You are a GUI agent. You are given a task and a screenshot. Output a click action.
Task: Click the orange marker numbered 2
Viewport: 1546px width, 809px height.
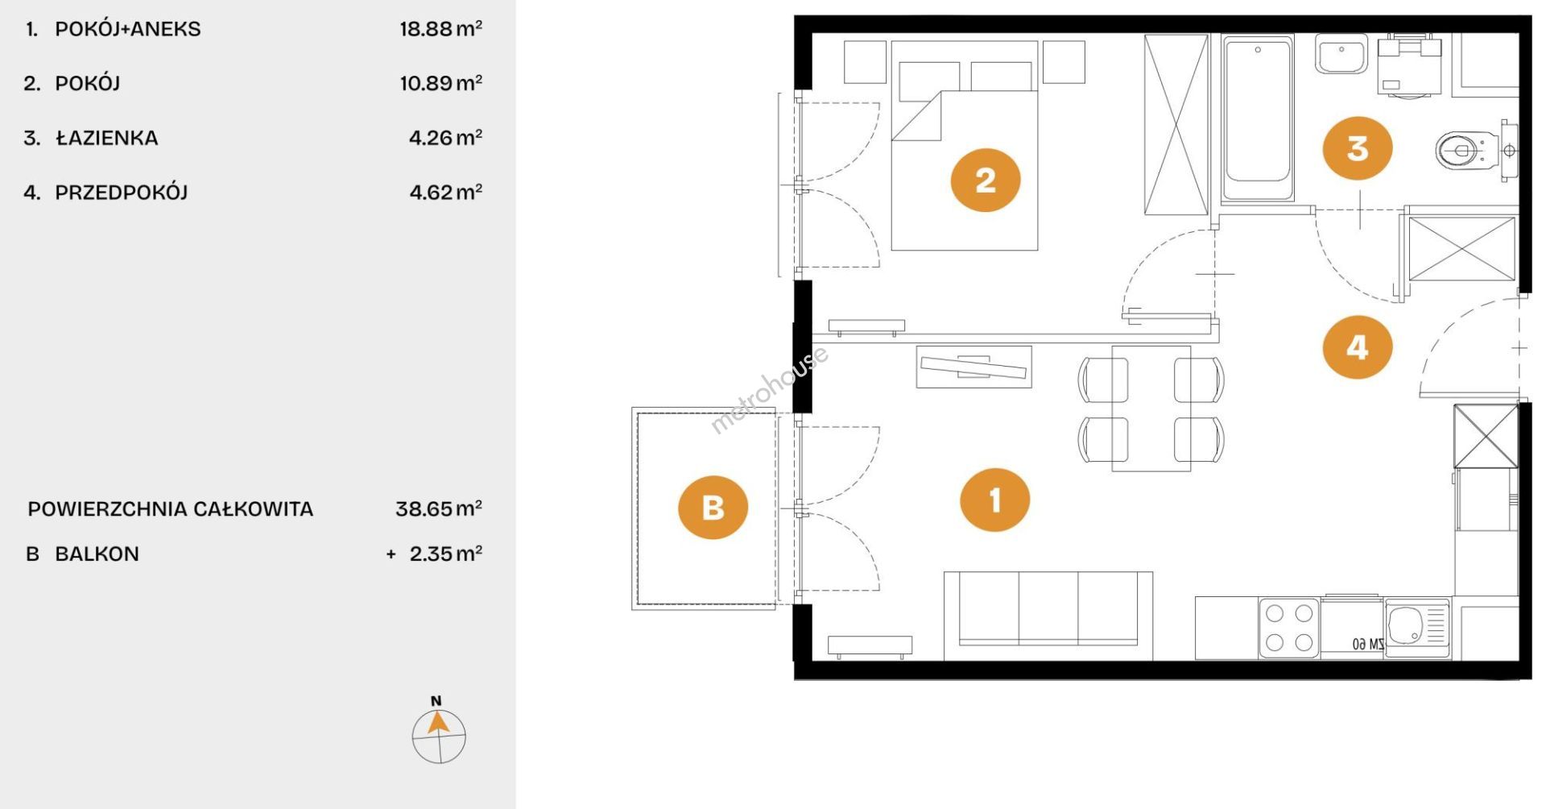(986, 180)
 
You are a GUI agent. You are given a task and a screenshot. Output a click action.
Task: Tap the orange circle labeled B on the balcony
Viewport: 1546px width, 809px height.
(713, 508)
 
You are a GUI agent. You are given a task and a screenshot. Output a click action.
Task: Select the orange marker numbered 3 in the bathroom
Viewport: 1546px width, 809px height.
(1358, 148)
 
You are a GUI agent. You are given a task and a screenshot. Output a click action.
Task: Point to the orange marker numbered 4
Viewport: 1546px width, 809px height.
(1358, 347)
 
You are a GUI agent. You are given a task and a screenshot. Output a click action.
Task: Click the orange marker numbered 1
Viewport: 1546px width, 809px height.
(995, 500)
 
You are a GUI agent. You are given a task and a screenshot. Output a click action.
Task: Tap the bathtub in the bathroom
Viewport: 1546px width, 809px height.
(1258, 118)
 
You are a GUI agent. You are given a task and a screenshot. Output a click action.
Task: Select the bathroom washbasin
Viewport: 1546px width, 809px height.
(1341, 54)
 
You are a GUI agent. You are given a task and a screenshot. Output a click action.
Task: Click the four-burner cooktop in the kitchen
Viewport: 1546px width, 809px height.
(1289, 628)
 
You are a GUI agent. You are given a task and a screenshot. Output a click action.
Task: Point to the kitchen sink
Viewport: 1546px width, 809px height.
(1417, 627)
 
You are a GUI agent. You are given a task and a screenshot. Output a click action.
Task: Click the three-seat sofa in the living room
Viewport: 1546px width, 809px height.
(1048, 616)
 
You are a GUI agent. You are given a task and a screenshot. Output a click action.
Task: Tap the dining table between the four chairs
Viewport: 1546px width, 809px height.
(1151, 409)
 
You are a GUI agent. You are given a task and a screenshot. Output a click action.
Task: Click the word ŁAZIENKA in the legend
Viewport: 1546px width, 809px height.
(107, 138)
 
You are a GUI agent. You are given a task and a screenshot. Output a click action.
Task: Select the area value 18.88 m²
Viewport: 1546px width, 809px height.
(441, 29)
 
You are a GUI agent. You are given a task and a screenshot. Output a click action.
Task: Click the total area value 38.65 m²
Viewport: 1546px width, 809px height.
(439, 508)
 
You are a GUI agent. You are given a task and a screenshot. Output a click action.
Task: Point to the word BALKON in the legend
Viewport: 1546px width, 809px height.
(97, 554)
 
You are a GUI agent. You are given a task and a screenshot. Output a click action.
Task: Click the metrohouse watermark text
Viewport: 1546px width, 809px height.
(769, 390)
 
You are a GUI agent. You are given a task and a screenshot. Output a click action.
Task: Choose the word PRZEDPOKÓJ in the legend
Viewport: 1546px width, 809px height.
(121, 193)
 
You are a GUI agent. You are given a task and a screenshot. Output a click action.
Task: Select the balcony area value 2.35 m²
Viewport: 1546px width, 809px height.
(446, 554)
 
